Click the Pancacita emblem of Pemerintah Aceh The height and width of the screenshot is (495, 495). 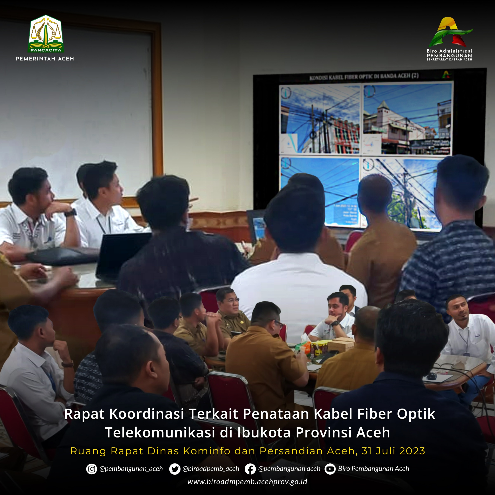46,34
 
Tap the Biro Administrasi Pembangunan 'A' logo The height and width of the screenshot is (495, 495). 449,32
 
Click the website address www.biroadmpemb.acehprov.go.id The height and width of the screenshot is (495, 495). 247,482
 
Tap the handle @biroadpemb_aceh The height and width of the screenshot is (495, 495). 211,469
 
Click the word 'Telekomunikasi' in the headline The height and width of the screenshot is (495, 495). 160,433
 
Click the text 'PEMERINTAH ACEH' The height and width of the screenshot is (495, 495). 45,59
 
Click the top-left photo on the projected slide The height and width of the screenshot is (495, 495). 320,119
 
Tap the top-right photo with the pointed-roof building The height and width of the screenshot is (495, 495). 407,119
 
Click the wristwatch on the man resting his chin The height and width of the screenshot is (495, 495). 71,213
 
